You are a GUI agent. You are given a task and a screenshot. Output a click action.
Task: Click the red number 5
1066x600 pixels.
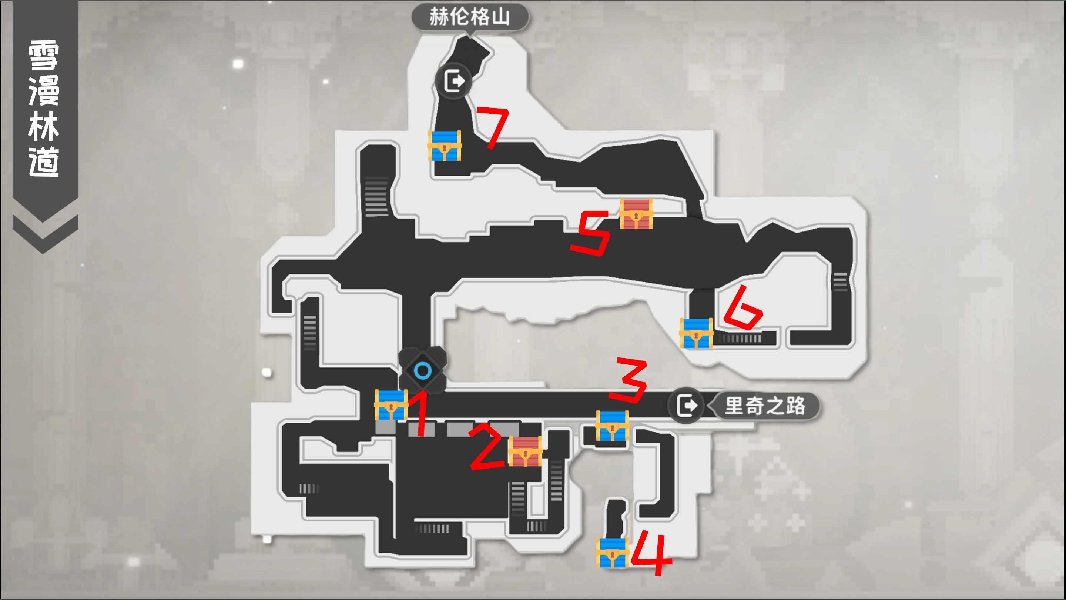coord(591,233)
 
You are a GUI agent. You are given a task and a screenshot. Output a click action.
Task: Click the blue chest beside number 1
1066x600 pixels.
coord(390,404)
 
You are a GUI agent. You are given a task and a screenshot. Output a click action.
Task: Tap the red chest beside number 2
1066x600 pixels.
coord(525,451)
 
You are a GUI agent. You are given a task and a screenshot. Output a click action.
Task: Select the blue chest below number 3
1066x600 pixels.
coord(612,425)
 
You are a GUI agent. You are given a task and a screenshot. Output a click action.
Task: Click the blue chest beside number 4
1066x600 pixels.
coord(612,552)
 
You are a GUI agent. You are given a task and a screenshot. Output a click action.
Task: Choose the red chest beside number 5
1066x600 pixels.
coord(636,214)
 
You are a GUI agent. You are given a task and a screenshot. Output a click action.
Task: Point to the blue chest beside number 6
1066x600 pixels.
coord(696,333)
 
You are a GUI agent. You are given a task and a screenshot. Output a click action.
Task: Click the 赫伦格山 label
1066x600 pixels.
coord(470,17)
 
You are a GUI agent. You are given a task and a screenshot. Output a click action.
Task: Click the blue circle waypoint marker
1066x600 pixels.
coord(422,371)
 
